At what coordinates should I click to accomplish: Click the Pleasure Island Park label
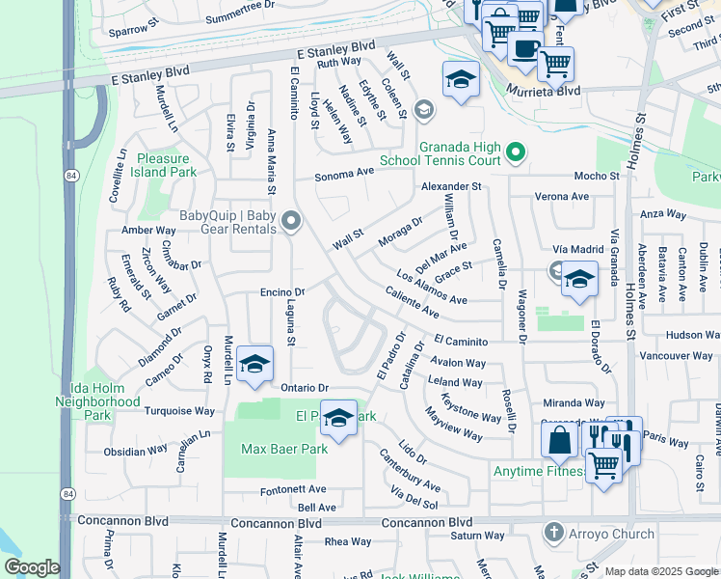(167, 165)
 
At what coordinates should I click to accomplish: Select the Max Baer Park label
(284, 449)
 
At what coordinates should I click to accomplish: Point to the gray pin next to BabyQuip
(290, 223)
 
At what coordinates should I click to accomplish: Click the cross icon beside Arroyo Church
(553, 533)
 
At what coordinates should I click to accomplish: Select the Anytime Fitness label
(539, 471)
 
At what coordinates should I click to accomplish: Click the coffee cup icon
(525, 47)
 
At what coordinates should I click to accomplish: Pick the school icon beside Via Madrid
(577, 281)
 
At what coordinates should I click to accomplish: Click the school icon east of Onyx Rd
(254, 364)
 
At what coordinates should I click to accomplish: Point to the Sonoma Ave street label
(345, 178)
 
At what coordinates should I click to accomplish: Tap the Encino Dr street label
(281, 291)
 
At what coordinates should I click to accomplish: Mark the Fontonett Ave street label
(293, 490)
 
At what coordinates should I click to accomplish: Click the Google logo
(32, 567)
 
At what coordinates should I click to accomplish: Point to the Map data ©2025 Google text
(661, 571)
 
